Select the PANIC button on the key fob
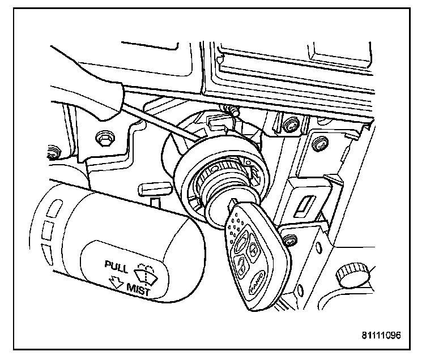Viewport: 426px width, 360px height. coord(258,278)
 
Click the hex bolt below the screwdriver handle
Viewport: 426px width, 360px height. coord(104,138)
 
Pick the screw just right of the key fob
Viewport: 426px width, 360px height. coord(291,238)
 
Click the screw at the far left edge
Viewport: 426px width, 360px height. coord(53,151)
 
